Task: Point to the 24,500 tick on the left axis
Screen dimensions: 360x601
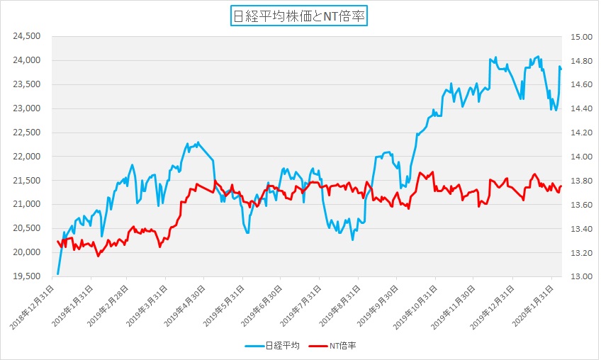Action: click(x=28, y=36)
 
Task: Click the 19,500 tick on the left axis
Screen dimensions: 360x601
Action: click(x=28, y=276)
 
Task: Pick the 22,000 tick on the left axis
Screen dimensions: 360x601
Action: click(x=28, y=157)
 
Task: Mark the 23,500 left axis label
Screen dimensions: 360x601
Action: click(x=28, y=84)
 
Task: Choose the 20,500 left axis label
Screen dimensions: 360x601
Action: click(x=28, y=228)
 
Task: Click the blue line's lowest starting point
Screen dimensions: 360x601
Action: click(x=57, y=274)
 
